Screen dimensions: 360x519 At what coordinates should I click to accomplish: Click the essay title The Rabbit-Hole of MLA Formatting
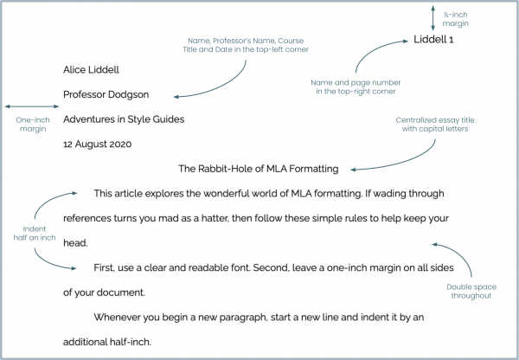[x=258, y=169]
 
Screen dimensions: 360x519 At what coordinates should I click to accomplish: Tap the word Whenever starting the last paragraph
[x=122, y=318]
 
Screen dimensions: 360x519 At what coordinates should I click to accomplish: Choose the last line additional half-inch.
[x=113, y=343]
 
